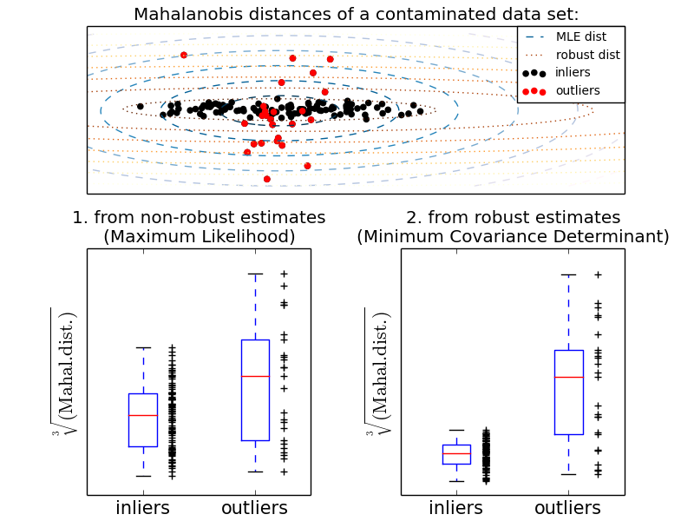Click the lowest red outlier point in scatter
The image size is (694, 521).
266,179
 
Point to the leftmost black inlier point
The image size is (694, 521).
140,106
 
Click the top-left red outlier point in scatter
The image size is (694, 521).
184,55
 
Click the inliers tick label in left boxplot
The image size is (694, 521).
143,508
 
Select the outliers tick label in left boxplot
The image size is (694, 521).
255,508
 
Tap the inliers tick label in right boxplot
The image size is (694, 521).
456,508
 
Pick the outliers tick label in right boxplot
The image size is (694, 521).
569,508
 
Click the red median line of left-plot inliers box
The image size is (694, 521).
143,416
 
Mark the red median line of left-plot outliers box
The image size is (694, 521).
255,376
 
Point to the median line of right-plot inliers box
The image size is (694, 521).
456,453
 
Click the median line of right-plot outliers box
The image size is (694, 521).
569,377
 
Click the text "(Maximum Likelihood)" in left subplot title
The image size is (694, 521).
199,236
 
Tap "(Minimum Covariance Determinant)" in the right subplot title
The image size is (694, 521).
513,236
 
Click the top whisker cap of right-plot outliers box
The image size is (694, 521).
569,274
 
